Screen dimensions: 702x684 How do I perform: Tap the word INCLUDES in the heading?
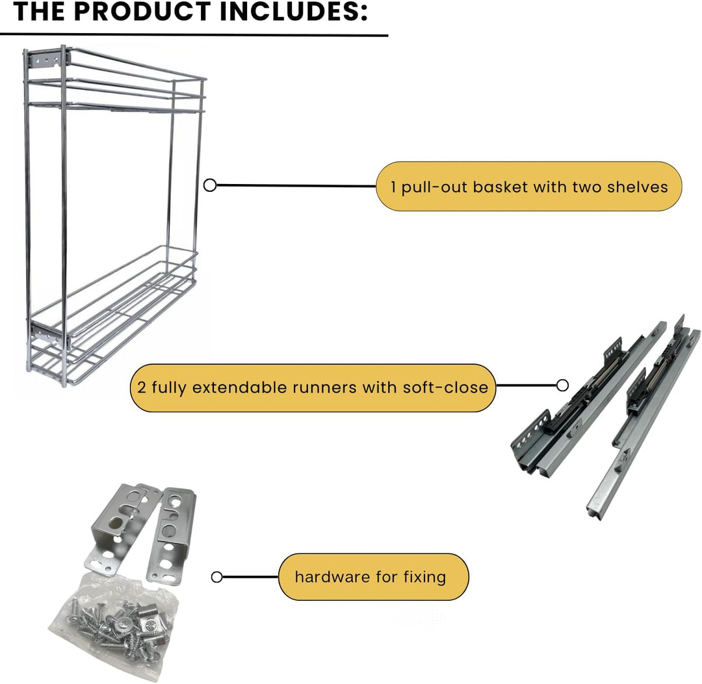(x=292, y=12)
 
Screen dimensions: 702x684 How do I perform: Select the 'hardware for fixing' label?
(x=373, y=577)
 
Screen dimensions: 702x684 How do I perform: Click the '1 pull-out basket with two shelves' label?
(x=528, y=187)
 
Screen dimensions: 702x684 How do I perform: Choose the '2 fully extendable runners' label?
(x=313, y=388)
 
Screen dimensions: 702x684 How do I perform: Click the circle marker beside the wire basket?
(x=210, y=185)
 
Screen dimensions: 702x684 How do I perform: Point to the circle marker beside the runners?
(x=562, y=385)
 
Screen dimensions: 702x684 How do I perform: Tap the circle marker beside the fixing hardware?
(x=216, y=577)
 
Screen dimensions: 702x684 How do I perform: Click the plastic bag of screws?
(x=112, y=625)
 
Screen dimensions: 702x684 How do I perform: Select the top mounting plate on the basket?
(x=47, y=60)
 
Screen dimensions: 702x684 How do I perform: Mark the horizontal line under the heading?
(x=194, y=34)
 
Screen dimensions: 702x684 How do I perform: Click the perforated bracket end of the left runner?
(x=531, y=434)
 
